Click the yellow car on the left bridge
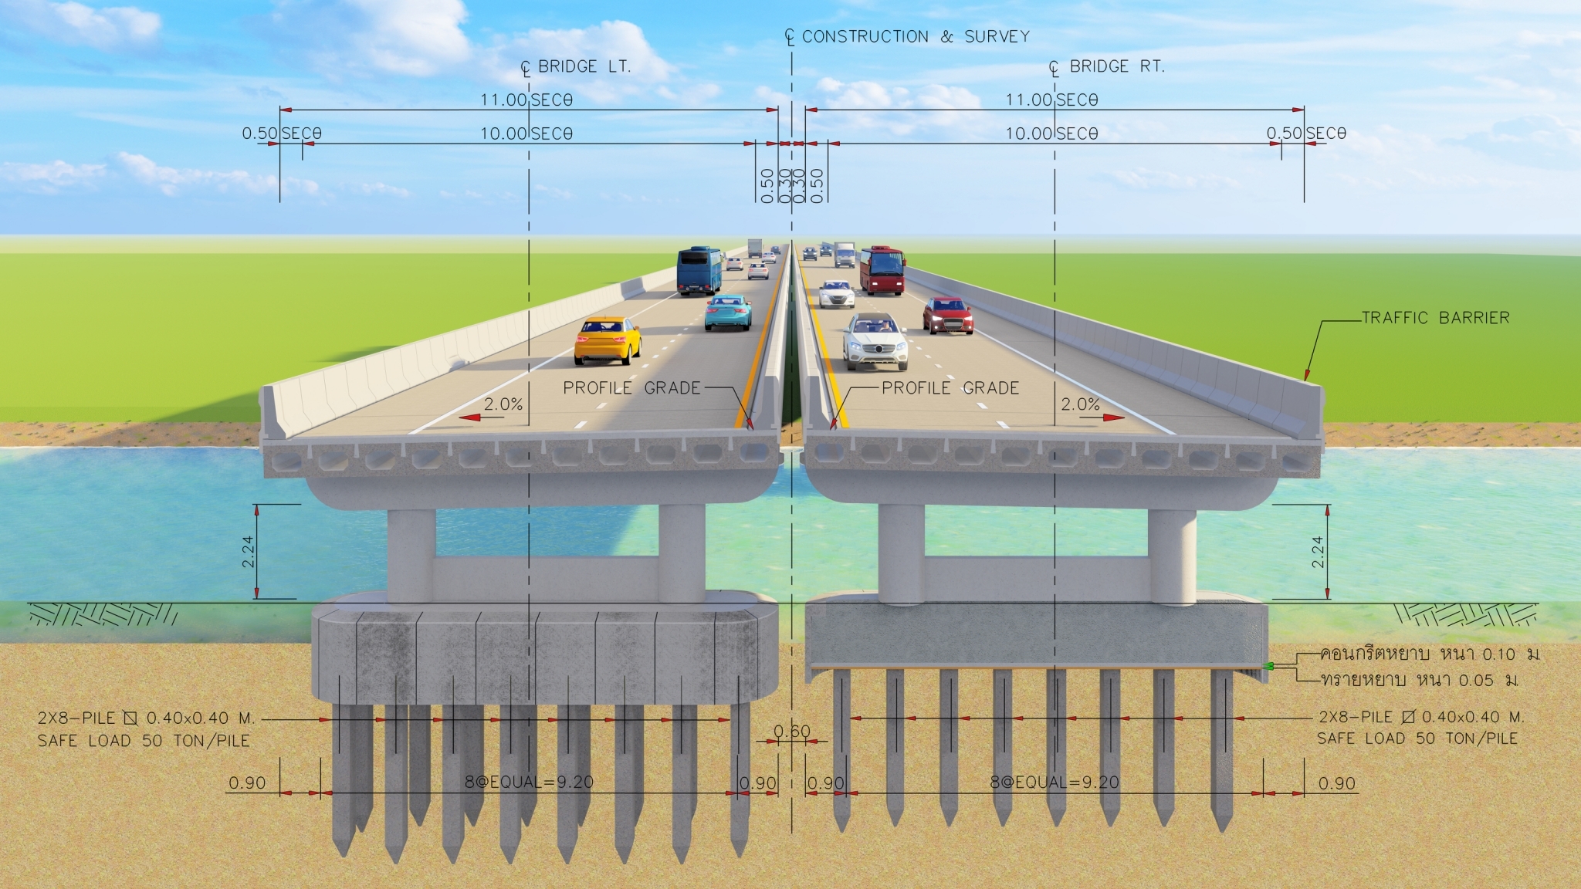pyautogui.click(x=607, y=341)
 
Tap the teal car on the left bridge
pyautogui.click(x=728, y=312)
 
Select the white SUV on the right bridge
pyautogui.click(x=875, y=341)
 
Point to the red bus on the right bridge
pyautogui.click(x=882, y=270)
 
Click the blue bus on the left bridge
pyautogui.click(x=699, y=270)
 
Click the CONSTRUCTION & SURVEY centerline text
pyautogui.click(x=915, y=36)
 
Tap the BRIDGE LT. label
pyautogui.click(x=584, y=67)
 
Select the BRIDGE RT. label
pyautogui.click(x=1116, y=67)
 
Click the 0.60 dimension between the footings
pyautogui.click(x=792, y=731)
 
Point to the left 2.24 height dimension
pyautogui.click(x=249, y=551)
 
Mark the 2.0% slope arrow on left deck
pyautogui.click(x=479, y=417)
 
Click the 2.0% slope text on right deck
pyautogui.click(x=1080, y=404)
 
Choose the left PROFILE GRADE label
pyautogui.click(x=631, y=388)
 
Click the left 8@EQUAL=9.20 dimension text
pyautogui.click(x=529, y=782)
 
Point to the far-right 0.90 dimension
pyautogui.click(x=1336, y=783)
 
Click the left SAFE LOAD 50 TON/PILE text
pyautogui.click(x=144, y=741)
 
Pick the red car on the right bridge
pyautogui.click(x=947, y=316)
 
